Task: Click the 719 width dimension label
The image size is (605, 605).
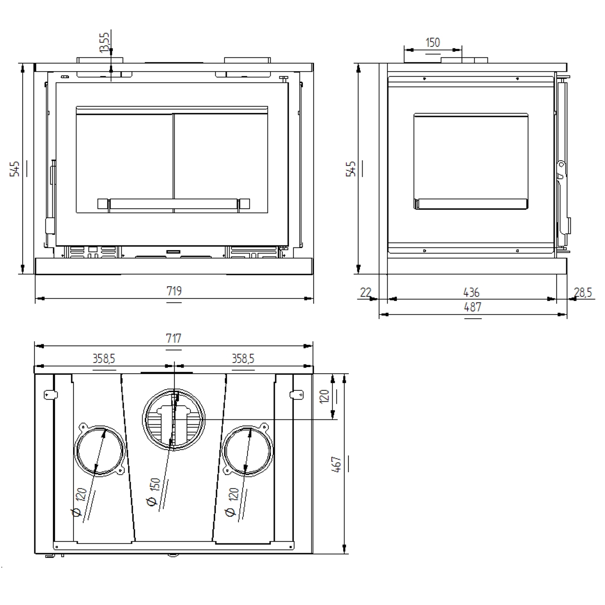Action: [174, 291]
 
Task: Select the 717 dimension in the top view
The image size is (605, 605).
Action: [174, 339]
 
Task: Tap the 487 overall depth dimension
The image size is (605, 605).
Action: [472, 307]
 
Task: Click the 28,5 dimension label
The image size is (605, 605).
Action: [583, 292]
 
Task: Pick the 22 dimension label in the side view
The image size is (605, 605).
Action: [366, 292]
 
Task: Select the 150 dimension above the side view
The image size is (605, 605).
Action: [433, 43]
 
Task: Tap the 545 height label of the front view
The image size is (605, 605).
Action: [16, 168]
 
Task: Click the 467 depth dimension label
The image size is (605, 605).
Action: [338, 464]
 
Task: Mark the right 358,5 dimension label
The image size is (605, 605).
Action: [243, 358]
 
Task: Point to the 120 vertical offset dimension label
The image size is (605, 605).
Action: [324, 396]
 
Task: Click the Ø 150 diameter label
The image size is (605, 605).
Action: [154, 492]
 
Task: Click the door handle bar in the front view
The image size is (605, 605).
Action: [173, 203]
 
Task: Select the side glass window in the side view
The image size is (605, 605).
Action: [471, 160]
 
